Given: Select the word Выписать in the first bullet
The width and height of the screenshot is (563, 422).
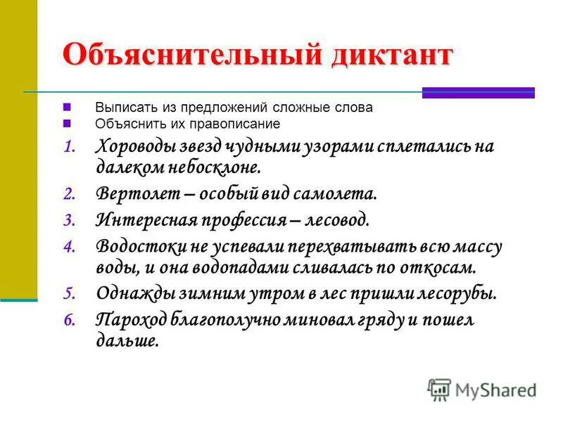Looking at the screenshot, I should tap(120, 108).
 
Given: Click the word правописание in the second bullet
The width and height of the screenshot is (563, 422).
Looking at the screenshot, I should tap(243, 124).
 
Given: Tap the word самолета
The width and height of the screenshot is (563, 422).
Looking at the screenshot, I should tap(329, 193).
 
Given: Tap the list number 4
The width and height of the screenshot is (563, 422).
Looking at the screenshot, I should tap(68, 248).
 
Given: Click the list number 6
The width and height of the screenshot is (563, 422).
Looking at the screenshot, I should tap(68, 321).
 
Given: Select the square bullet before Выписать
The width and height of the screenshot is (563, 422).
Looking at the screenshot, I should tap(67, 108).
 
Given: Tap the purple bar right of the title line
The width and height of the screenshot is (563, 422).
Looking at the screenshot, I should tap(478, 92).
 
